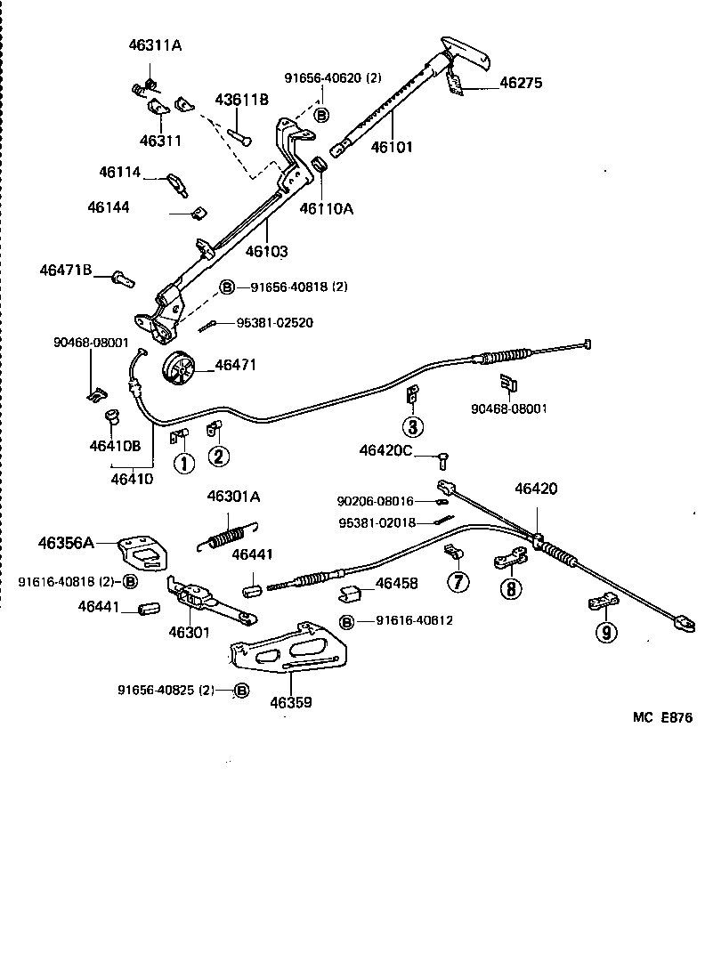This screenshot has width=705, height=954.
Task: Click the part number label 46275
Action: point(521,84)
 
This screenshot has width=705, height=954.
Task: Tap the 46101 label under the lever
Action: point(392,148)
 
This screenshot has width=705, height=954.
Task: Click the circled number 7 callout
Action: point(458,583)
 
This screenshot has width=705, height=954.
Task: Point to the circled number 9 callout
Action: point(606,633)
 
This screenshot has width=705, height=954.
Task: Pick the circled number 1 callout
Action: point(182,463)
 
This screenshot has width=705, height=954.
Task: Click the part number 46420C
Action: point(385,451)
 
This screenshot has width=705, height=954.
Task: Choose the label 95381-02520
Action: point(274,322)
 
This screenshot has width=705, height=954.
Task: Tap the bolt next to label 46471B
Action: point(123,279)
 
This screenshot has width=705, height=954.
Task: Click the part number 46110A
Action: point(326,209)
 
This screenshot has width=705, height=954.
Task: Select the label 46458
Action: point(396,584)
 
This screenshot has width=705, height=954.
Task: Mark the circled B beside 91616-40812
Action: point(347,620)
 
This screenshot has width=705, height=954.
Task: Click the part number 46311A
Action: point(151,46)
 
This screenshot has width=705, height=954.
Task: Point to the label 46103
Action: point(266,252)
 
